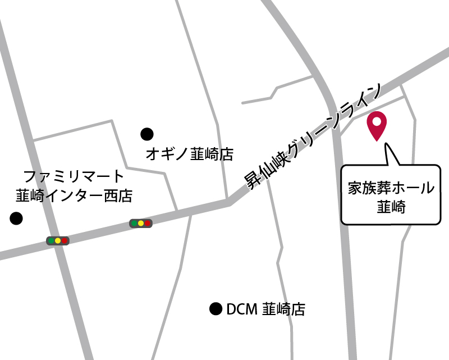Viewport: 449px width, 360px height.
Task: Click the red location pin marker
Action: pos(376,125)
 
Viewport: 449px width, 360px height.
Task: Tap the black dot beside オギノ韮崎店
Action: pos(146,134)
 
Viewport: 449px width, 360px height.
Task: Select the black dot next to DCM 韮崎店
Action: pos(215,308)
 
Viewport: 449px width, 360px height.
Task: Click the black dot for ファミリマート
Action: pos(16,218)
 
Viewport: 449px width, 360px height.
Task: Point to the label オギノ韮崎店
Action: pos(189,154)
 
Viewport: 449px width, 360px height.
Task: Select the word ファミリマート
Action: pos(74,176)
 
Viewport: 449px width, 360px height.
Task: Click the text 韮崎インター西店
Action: pos(74,196)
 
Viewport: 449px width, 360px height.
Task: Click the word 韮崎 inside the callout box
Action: pos(391,207)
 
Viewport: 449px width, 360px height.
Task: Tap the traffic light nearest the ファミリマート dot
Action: pos(57,241)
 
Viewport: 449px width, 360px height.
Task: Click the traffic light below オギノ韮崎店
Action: pos(140,224)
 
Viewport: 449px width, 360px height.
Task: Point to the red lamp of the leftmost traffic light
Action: pos(65,241)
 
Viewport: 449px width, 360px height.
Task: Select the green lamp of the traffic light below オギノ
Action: pos(134,224)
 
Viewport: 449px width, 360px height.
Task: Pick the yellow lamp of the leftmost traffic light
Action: pos(57,241)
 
